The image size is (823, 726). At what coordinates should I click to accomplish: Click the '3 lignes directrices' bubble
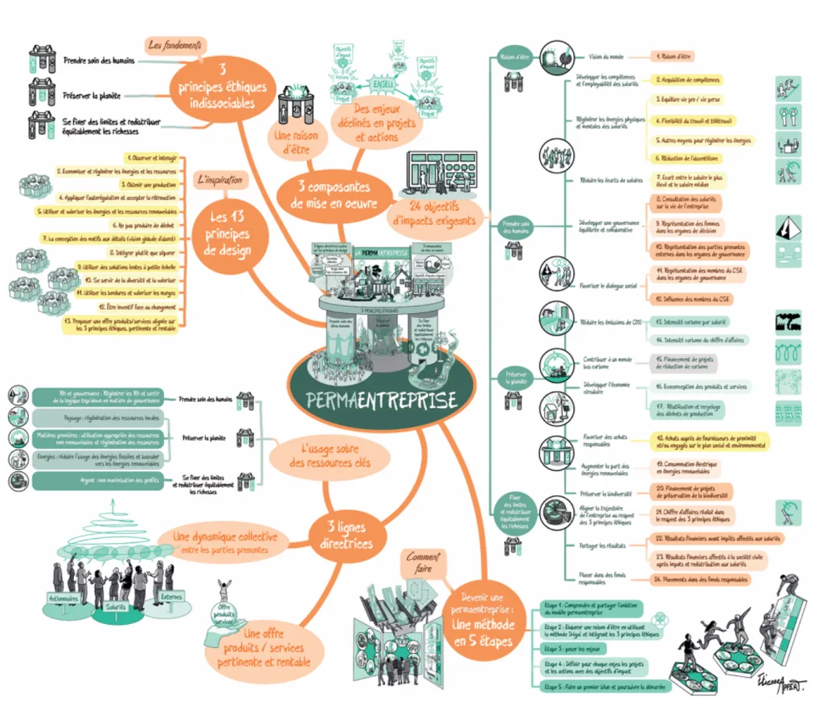pyautogui.click(x=344, y=536)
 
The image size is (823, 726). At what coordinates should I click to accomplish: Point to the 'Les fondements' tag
pyautogui.click(x=176, y=45)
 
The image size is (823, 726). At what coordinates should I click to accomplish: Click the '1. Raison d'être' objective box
pyautogui.click(x=674, y=57)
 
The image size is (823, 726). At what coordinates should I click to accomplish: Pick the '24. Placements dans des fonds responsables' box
pyautogui.click(x=702, y=578)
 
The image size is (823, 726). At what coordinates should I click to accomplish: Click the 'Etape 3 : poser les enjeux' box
pyautogui.click(x=575, y=647)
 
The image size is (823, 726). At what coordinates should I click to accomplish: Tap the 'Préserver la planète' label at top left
pyautogui.click(x=92, y=96)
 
